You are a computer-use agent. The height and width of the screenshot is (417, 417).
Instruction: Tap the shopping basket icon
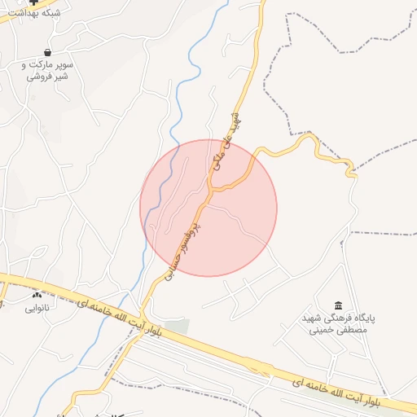point(48,51)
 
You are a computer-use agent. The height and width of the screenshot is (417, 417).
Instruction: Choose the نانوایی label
point(37,308)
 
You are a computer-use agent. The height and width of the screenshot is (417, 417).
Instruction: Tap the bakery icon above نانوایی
point(37,294)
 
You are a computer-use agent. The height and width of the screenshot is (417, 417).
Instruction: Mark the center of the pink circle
point(208,208)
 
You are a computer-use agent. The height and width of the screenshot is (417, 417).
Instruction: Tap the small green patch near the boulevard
point(178,327)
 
